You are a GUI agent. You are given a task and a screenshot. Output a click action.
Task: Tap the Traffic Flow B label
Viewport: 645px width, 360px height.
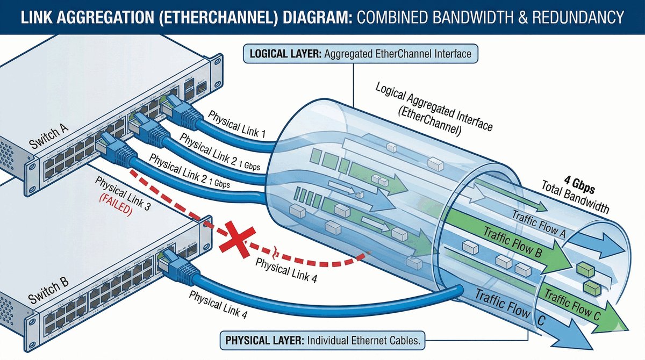[514, 243]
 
